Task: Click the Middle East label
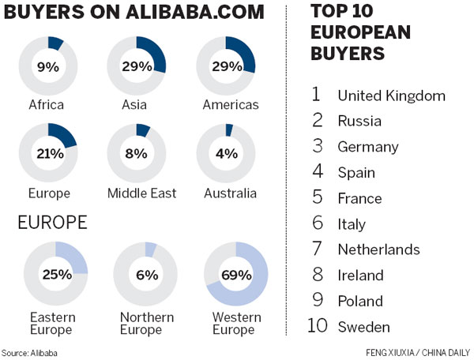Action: pos(142,193)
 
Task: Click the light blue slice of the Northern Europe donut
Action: pos(150,249)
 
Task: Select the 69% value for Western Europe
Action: pos(235,276)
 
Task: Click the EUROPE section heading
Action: pos(52,223)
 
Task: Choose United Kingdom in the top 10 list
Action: pos(391,96)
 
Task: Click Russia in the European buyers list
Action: pos(359,122)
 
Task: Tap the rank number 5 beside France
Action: pos(316,198)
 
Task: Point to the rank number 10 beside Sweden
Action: pos(318,326)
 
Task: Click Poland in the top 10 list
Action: pos(359,301)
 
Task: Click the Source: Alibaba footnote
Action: pos(29,353)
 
